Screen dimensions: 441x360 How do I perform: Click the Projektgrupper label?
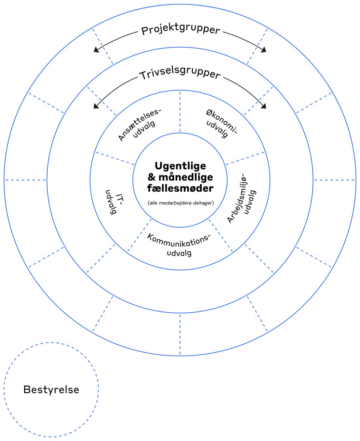click(x=181, y=30)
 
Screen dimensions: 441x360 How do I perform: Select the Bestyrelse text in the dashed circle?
click(x=51, y=390)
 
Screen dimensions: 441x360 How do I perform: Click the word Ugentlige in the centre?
click(x=180, y=166)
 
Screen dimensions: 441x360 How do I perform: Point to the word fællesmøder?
click(x=180, y=188)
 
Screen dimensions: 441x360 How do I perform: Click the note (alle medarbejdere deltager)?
click(x=181, y=203)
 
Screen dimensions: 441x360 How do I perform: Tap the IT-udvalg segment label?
click(x=114, y=202)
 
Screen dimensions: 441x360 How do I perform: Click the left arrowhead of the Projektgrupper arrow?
click(x=96, y=50)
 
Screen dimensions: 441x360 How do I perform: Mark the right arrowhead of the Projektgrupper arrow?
click(x=264, y=50)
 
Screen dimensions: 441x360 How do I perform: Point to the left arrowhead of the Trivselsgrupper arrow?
click(x=96, y=106)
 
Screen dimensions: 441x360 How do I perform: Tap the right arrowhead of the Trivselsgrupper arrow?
click(x=264, y=106)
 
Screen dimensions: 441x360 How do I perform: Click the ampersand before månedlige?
click(x=152, y=177)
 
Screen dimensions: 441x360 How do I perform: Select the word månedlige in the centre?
click(x=186, y=177)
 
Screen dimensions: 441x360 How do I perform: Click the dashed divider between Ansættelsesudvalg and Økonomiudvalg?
click(x=180, y=112)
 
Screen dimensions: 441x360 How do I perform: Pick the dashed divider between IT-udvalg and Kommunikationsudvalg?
click(x=139, y=235)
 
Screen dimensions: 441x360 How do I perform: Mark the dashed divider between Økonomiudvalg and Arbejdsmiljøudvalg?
click(x=245, y=158)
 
